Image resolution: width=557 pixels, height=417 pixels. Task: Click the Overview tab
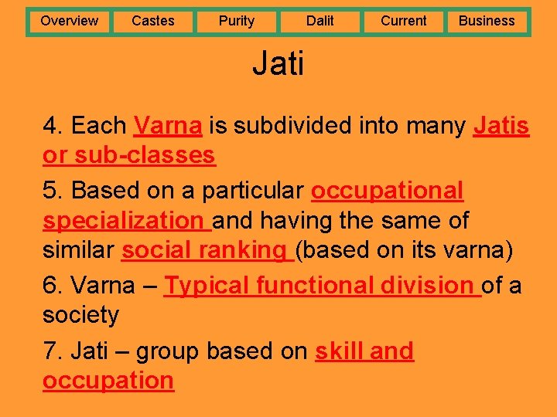pyautogui.click(x=69, y=21)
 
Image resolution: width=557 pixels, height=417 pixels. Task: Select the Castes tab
pyautogui.click(x=152, y=21)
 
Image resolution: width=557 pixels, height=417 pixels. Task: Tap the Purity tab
pyautogui.click(x=236, y=21)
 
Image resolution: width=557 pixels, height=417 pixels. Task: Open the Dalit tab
pyautogui.click(x=320, y=21)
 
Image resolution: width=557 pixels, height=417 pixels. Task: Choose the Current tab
pyautogui.click(x=403, y=21)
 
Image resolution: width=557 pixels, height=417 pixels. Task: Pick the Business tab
pyautogui.click(x=487, y=21)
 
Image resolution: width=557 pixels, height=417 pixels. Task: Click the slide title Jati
pyautogui.click(x=278, y=63)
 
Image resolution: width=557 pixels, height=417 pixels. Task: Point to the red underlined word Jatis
pyautogui.click(x=501, y=125)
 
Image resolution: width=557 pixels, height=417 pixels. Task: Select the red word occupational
pyautogui.click(x=387, y=190)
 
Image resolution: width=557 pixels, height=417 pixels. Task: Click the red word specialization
pyautogui.click(x=122, y=221)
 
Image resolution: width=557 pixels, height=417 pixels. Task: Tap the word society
pyautogui.click(x=81, y=315)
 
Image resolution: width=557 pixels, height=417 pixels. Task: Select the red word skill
pyautogui.click(x=338, y=351)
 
